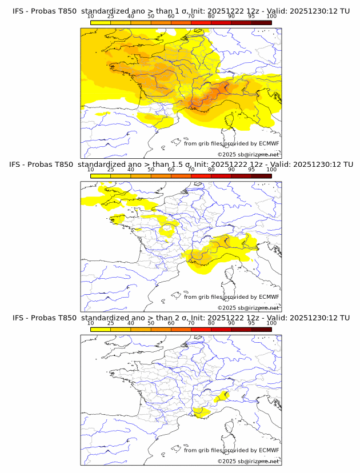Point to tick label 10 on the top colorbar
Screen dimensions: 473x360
point(91,17)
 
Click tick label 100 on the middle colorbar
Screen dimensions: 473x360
point(271,170)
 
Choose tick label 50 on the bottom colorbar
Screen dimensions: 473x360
point(151,323)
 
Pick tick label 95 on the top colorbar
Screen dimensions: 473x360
point(251,17)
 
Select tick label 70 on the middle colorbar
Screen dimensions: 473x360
point(191,170)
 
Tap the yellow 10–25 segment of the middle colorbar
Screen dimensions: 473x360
point(101,175)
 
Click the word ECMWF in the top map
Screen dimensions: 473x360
point(269,143)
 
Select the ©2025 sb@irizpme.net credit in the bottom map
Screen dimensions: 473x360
point(248,461)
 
